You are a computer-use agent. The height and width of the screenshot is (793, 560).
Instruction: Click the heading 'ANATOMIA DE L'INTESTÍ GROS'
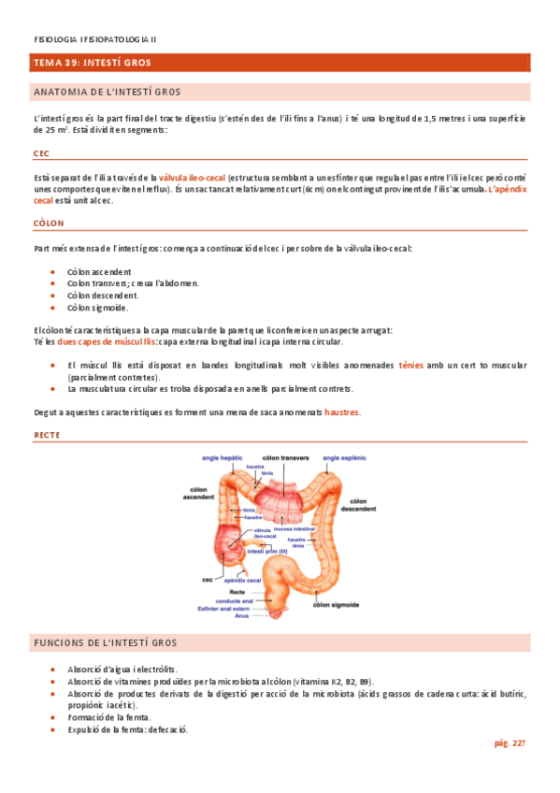(107, 93)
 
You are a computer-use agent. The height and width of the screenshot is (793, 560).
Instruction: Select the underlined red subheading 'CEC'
(41, 153)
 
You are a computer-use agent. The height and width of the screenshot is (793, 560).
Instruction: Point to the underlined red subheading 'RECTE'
(47, 435)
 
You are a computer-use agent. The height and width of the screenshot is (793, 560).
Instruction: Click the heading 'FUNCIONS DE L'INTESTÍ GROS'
(106, 643)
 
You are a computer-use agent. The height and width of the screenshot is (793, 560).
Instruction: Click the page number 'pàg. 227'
(510, 743)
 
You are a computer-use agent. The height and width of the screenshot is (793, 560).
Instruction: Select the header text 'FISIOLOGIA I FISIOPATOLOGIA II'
(95, 40)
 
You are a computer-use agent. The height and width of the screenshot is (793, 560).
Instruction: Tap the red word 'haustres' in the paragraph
(342, 412)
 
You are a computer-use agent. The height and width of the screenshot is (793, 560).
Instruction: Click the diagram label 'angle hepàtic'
(223, 458)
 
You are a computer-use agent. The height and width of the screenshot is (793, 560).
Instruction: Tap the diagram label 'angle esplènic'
(345, 458)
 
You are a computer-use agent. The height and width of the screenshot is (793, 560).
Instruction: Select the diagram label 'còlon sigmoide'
(338, 606)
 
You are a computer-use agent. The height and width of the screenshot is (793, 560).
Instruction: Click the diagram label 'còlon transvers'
(285, 458)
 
